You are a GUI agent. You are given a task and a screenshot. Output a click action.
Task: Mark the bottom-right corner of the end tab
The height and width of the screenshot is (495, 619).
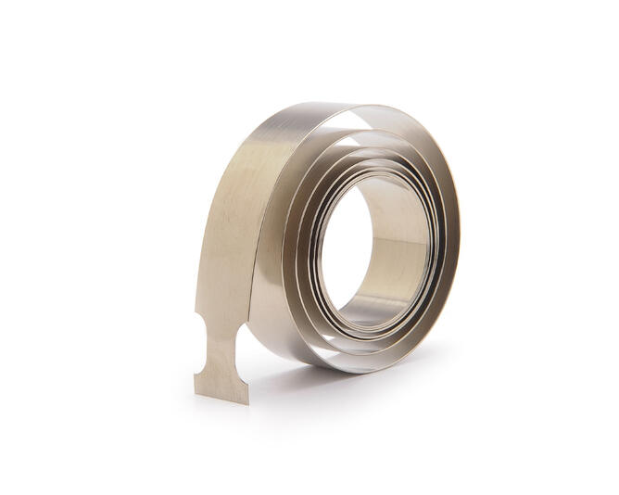point(247,402)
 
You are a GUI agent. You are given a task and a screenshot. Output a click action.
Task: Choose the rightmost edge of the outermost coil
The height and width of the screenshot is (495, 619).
point(460,232)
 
